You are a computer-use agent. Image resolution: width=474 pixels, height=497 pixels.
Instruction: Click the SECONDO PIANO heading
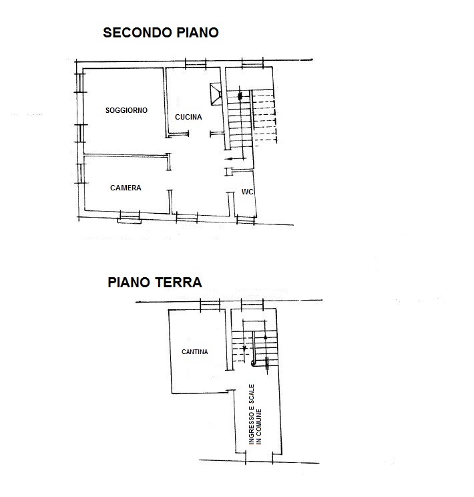tap(161, 33)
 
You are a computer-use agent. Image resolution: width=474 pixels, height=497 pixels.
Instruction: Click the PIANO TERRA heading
tap(155, 283)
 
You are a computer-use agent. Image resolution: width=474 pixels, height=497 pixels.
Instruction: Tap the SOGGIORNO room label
tap(126, 110)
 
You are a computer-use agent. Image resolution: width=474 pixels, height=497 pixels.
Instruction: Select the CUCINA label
tap(188, 117)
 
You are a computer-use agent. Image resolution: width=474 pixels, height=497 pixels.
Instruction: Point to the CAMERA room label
tap(126, 188)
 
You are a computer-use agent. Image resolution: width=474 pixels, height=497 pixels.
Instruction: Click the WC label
tap(247, 192)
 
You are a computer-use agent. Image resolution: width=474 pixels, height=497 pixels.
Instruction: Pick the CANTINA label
tap(194, 352)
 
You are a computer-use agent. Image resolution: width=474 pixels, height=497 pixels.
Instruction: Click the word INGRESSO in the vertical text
tap(252, 428)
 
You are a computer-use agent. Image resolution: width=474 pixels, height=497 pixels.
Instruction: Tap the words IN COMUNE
tap(259, 427)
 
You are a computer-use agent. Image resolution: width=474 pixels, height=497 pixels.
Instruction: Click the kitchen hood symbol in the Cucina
tap(216, 94)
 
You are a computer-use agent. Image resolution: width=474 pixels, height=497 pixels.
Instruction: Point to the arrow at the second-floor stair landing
tap(231, 158)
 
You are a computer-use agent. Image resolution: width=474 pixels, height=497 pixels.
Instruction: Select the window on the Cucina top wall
tap(196, 63)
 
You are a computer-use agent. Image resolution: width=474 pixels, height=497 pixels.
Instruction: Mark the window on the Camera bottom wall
tap(130, 217)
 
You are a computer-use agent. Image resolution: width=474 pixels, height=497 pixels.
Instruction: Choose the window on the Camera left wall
tap(81, 174)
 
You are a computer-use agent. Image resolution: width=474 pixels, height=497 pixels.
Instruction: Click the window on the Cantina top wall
tap(210, 305)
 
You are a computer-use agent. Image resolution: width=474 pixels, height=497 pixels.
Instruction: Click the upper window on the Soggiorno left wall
tap(80, 83)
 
